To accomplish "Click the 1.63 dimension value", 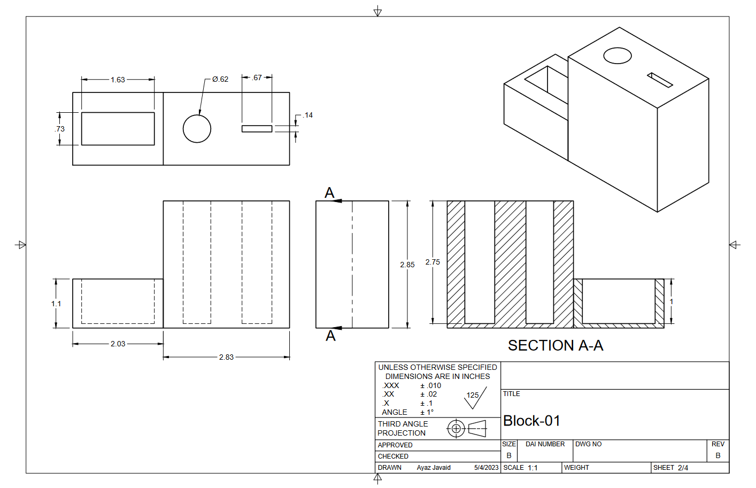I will tap(118, 80).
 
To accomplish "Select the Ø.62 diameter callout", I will tap(220, 79).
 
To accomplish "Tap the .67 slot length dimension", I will tap(257, 78).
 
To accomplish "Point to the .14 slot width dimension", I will tap(307, 115).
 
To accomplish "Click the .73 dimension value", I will tap(59, 129).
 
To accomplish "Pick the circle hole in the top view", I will tap(197, 129).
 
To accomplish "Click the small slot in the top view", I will tap(257, 129).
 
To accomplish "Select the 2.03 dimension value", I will tap(118, 344).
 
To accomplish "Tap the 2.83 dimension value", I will tap(226, 357).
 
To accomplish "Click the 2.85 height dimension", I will tap(407, 265).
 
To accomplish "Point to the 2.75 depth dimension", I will tap(433, 262).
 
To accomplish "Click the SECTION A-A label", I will tap(556, 345).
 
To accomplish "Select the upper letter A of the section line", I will tap(329, 192).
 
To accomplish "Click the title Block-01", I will tap(531, 421).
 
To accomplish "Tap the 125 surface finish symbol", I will tap(474, 398).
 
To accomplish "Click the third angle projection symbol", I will tap(466, 428).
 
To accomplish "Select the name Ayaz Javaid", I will tap(434, 468).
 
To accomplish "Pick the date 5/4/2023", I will tap(486, 468).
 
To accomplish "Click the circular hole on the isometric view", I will tap(618, 56).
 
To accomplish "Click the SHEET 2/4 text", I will tap(670, 468).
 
